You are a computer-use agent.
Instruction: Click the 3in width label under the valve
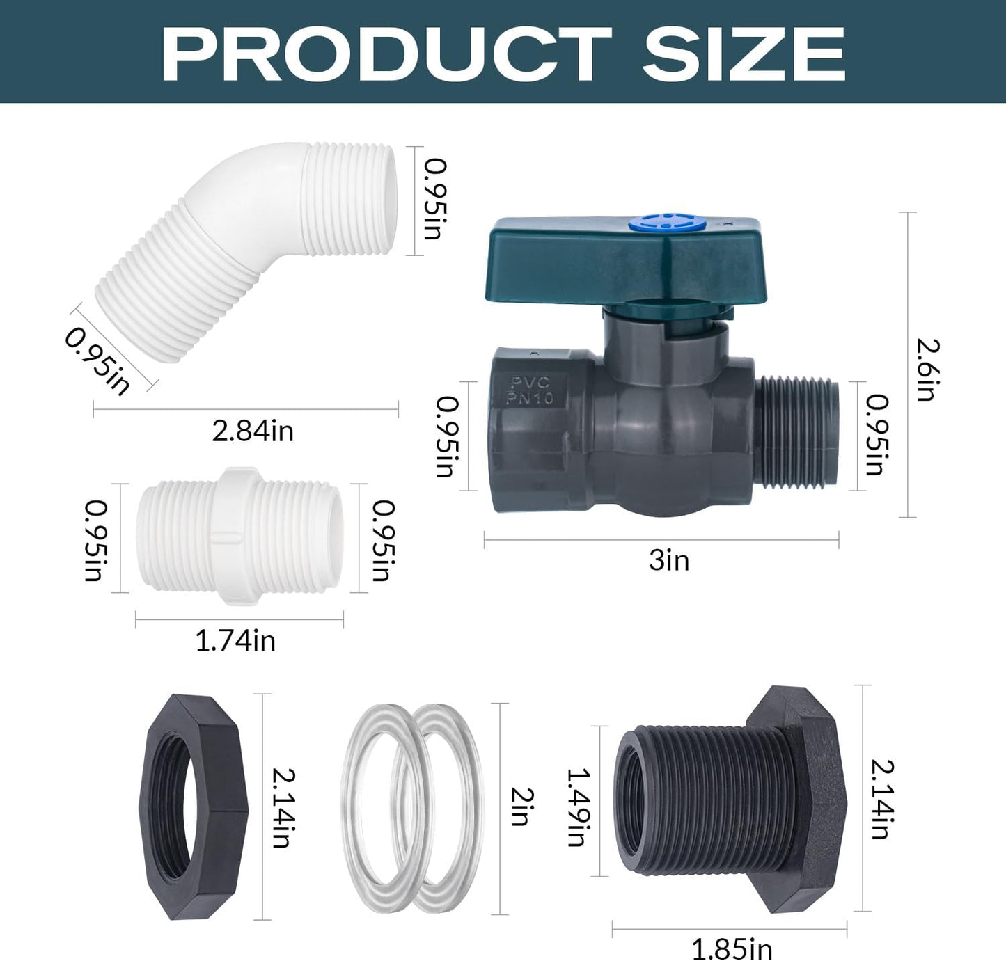(x=668, y=560)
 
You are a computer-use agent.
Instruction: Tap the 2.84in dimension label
(x=253, y=431)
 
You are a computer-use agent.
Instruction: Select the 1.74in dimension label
(x=235, y=641)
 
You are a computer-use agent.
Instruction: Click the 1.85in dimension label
(x=731, y=948)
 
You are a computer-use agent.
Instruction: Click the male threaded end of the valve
(x=797, y=431)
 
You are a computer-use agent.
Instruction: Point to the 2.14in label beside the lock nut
(x=283, y=807)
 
